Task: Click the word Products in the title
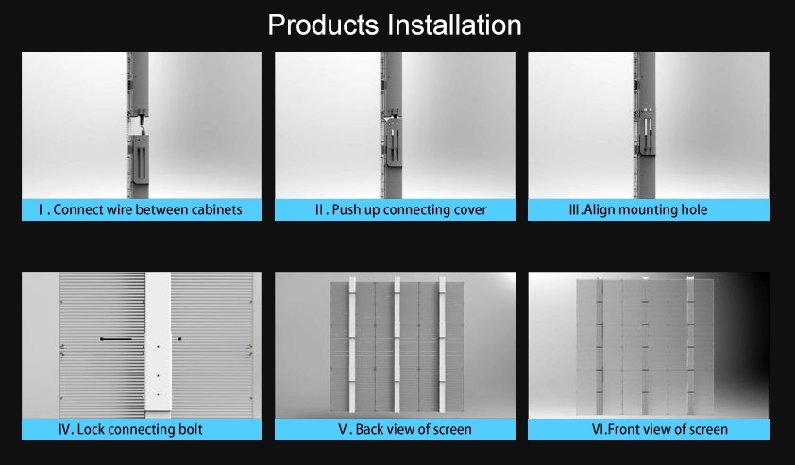323,25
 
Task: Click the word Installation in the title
455,25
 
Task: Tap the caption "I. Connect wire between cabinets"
141,209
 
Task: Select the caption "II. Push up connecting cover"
400,209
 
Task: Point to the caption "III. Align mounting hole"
638,209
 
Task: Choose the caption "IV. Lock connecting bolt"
130,429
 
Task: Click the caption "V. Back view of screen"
405,429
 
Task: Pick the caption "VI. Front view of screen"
660,429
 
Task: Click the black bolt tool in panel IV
116,339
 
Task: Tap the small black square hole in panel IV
179,339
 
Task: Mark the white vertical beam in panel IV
158,344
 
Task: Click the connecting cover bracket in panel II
394,141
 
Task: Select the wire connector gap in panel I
139,125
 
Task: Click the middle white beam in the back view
397,344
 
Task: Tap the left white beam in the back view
352,344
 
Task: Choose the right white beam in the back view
442,344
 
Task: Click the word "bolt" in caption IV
191,429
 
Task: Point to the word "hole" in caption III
694,209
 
